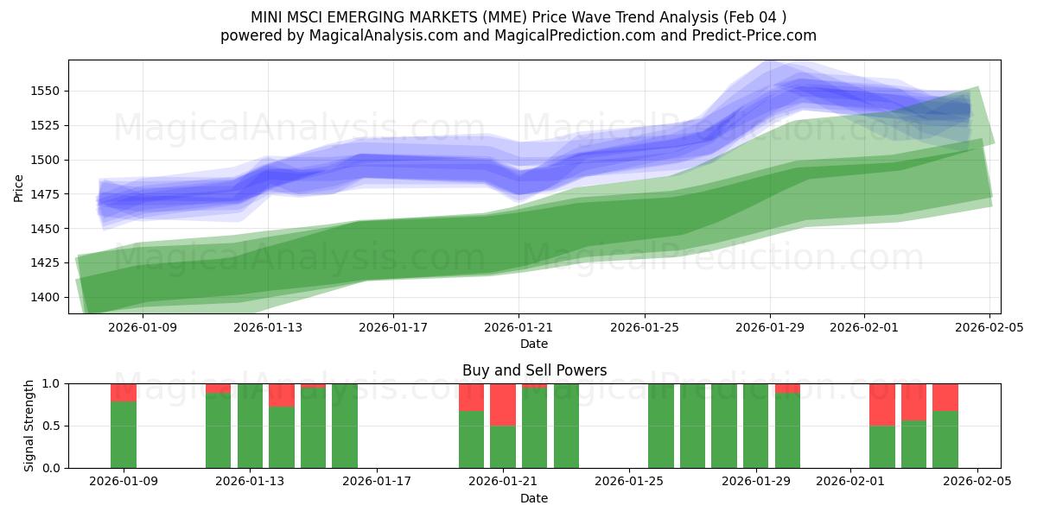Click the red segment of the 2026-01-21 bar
pos(503,404)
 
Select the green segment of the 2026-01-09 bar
pos(124,434)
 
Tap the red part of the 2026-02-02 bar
pos(882,404)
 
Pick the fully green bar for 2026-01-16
pos(345,426)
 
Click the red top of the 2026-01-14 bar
pos(282,395)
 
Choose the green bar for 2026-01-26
pos(661,426)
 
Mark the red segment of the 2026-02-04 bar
pos(945,396)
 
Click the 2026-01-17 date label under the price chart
pos(393,327)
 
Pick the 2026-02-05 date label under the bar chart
pos(977,481)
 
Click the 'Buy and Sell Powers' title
pos(534,370)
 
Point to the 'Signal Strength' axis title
pos(29,426)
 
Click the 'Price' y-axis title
pos(19,186)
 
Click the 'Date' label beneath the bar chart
pos(534,498)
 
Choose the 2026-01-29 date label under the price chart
pos(770,327)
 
